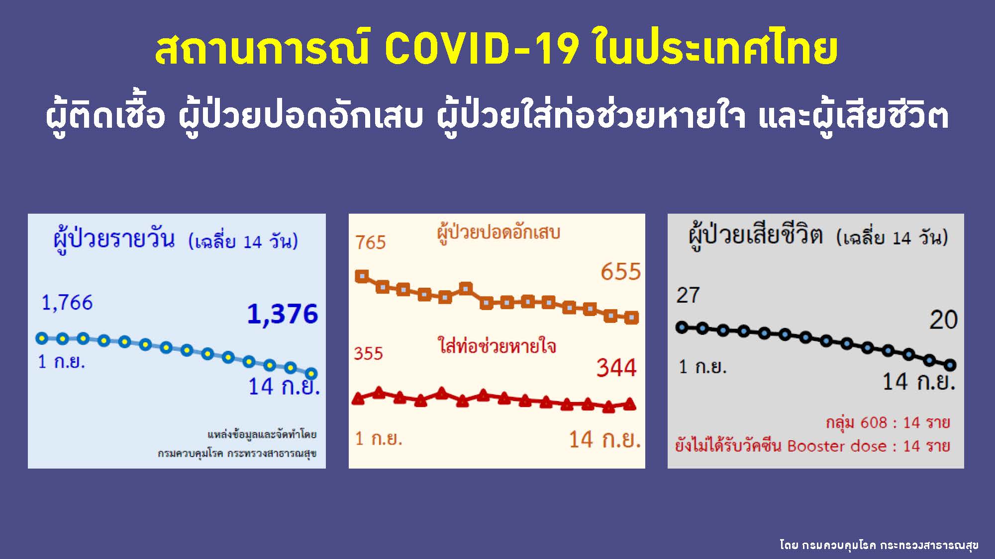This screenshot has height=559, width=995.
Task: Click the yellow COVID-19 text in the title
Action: click(x=482, y=49)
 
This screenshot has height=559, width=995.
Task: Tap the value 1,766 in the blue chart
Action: click(x=67, y=302)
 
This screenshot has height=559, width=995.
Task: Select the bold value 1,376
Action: click(x=283, y=314)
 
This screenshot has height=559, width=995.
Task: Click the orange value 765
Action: click(x=371, y=242)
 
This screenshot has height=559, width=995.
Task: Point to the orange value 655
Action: click(x=620, y=272)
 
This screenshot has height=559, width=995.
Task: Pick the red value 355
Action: click(x=368, y=353)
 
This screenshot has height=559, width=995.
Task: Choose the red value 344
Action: click(x=616, y=368)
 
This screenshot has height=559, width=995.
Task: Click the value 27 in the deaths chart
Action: click(x=688, y=295)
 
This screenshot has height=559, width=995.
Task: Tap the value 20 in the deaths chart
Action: click(x=943, y=319)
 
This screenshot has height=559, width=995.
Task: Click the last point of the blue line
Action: click(x=311, y=373)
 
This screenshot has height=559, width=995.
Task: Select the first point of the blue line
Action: click(x=42, y=338)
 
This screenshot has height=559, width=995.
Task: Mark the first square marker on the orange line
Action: click(x=362, y=276)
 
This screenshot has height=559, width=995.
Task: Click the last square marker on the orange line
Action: click(x=631, y=317)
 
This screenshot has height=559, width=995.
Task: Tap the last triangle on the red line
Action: click(x=629, y=403)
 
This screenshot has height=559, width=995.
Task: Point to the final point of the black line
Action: click(x=950, y=365)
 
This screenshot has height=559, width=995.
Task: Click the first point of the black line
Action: click(x=682, y=327)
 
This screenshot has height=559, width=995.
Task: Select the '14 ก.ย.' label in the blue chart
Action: click(x=284, y=387)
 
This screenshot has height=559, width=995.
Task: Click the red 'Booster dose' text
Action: click(x=837, y=446)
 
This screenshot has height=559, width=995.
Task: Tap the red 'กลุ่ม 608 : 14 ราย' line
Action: click(x=888, y=423)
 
